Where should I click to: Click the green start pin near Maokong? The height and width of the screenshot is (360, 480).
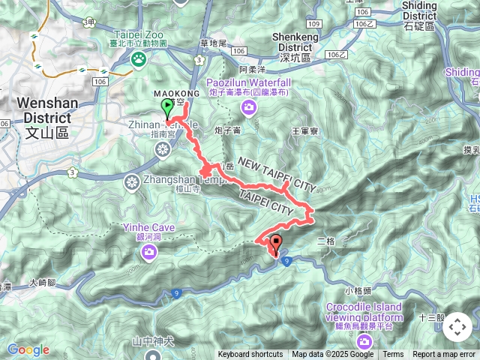(x=166, y=110)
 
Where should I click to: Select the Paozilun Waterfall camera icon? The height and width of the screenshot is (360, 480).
(x=248, y=110)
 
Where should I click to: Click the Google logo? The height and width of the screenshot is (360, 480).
(x=27, y=349)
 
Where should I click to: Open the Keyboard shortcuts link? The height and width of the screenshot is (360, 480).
(x=250, y=355)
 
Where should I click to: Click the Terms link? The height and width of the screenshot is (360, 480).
(x=393, y=355)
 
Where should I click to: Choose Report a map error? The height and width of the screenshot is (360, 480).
(x=444, y=355)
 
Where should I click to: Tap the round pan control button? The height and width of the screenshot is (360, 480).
(x=457, y=327)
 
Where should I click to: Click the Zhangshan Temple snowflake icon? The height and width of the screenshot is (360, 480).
(x=132, y=182)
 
